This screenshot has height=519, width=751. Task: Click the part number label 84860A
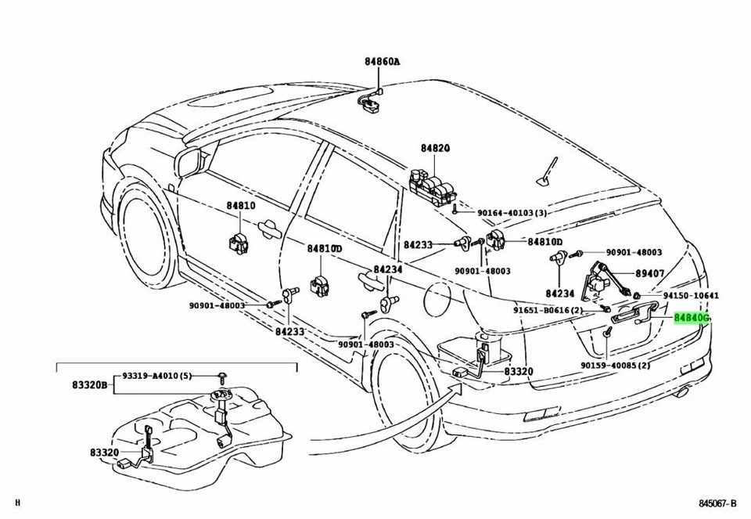(381, 61)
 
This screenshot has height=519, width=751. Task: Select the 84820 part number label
(436, 148)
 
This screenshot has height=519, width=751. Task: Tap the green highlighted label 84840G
(691, 319)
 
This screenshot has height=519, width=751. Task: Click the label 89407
(649, 274)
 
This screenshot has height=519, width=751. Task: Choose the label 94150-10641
(691, 296)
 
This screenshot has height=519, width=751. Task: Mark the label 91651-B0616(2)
(548, 310)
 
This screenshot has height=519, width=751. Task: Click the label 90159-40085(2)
(616, 366)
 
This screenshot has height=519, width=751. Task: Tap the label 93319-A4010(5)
(156, 376)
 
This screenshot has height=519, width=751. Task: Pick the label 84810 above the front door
(242, 206)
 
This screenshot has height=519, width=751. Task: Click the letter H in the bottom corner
(18, 503)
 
